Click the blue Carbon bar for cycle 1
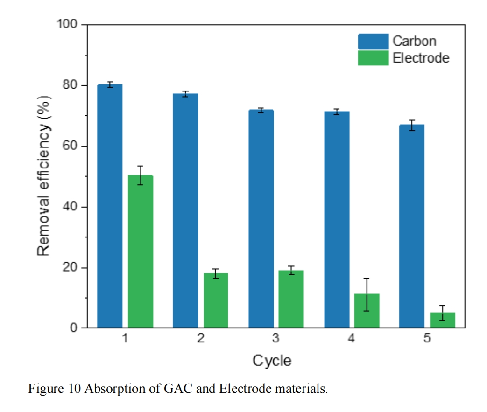[x=110, y=206]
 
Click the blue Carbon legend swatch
[x=373, y=41]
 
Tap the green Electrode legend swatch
[x=373, y=58]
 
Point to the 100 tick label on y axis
[x=67, y=24]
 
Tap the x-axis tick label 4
[x=351, y=339]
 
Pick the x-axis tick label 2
[x=200, y=339]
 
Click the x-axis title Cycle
[x=272, y=361]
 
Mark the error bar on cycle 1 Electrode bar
[x=141, y=175]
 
